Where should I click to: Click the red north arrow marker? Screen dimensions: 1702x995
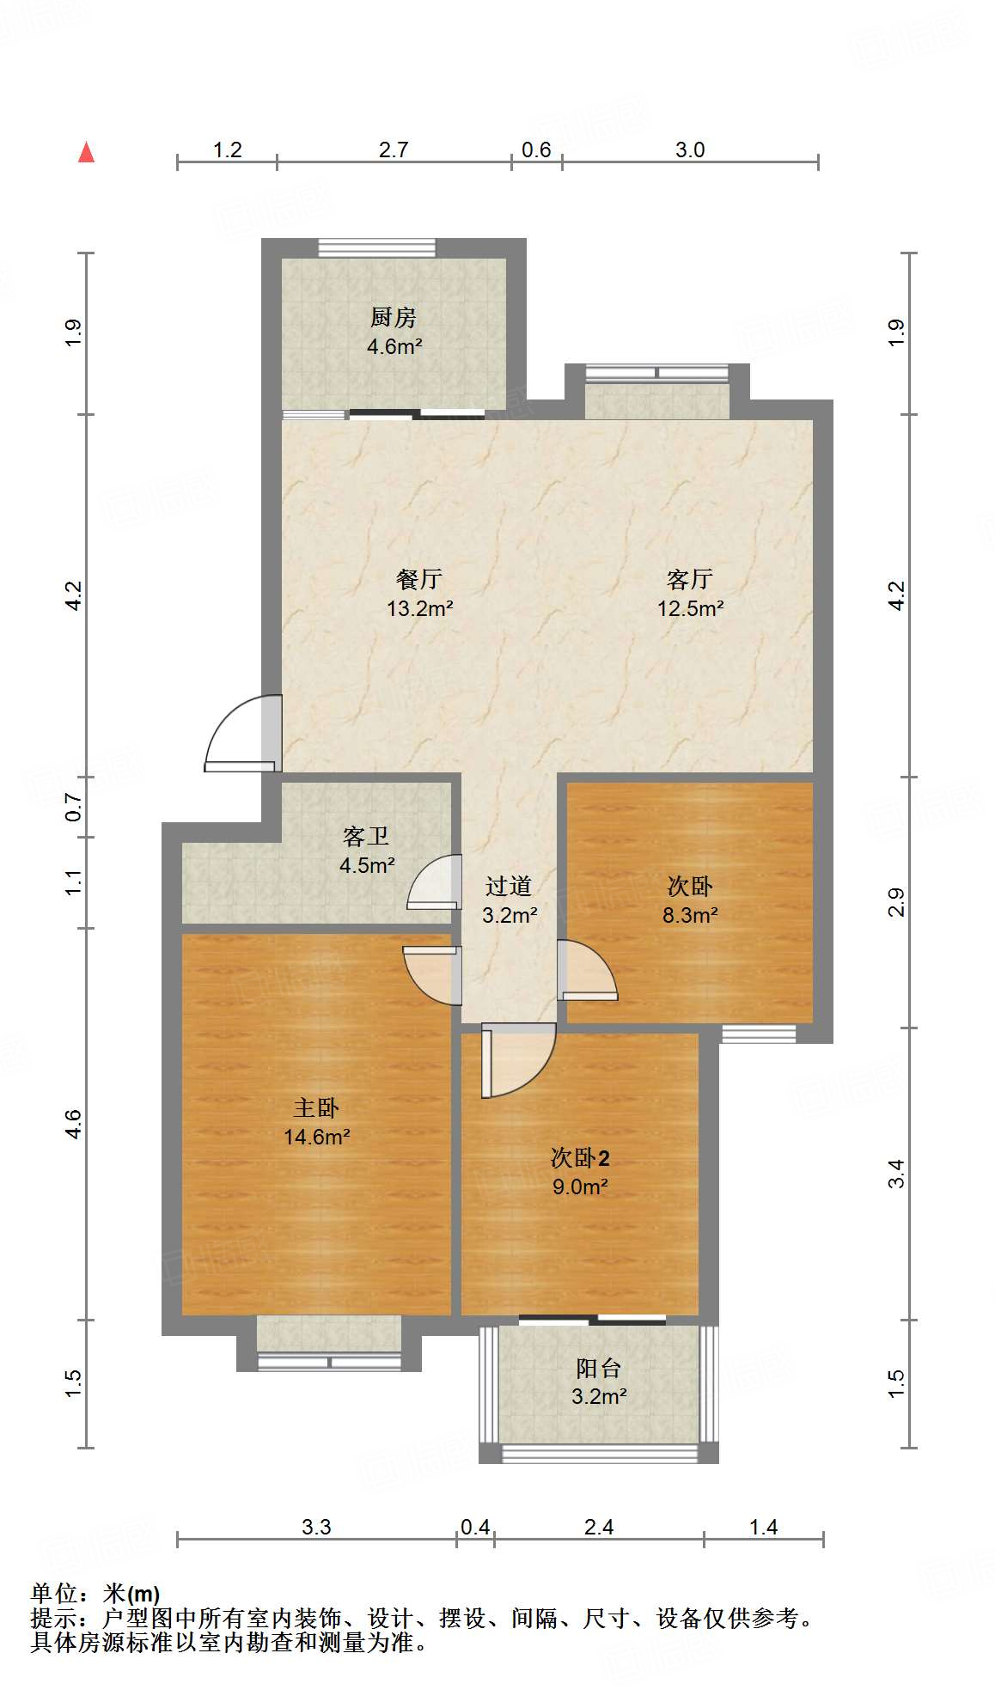point(86,152)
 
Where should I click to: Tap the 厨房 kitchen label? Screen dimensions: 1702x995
point(394,317)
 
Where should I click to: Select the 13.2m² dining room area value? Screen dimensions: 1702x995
point(419,608)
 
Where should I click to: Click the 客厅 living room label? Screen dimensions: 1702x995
point(690,579)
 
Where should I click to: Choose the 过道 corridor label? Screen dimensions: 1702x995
point(509,886)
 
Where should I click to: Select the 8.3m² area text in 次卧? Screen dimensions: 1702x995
point(690,915)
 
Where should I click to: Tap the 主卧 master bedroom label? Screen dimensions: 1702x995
point(316,1107)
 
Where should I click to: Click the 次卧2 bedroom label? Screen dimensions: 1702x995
point(580,1157)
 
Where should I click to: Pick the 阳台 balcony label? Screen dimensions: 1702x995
point(598,1368)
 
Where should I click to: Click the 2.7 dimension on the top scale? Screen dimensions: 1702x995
point(394,149)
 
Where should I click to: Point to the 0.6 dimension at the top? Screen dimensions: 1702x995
point(536,149)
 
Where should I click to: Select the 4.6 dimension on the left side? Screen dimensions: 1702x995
point(73,1124)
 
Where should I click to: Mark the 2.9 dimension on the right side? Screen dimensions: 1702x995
point(896,902)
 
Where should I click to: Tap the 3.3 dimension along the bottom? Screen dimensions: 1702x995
point(316,1527)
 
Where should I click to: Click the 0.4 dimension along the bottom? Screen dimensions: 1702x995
point(475,1527)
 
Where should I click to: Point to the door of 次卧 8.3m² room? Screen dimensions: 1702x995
point(586,971)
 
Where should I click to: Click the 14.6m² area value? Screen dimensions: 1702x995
point(316,1137)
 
